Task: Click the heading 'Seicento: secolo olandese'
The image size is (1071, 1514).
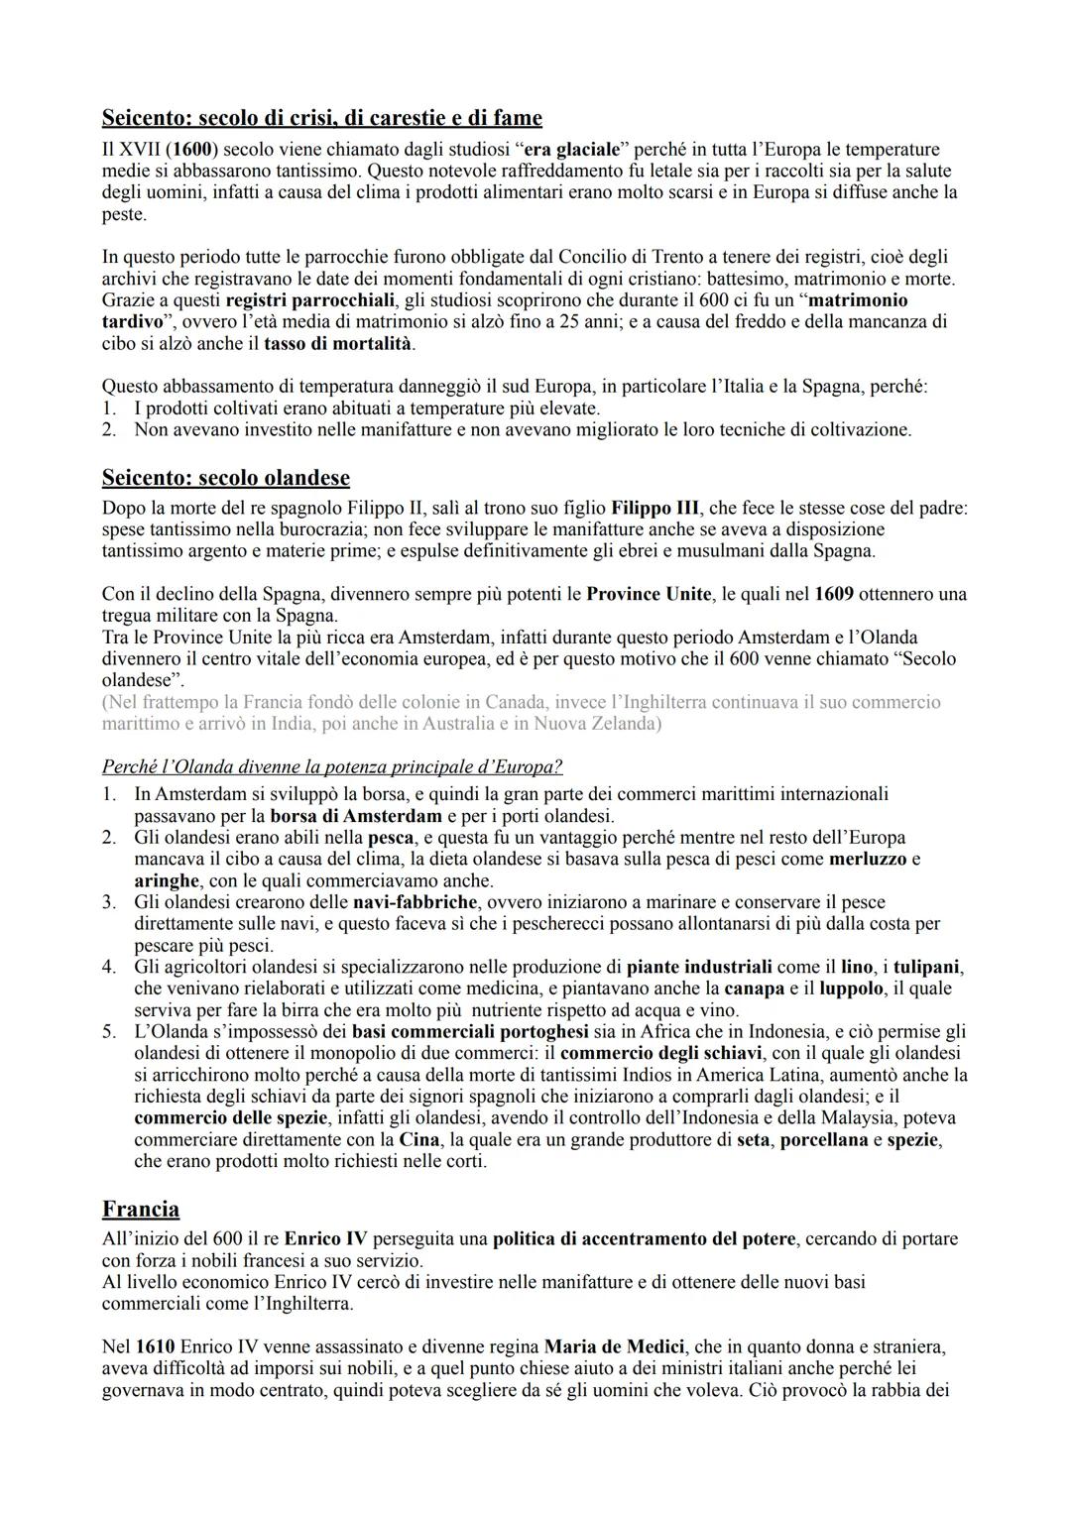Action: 225,478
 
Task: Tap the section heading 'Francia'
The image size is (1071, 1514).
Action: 141,1209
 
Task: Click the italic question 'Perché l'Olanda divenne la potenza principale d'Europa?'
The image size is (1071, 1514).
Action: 332,767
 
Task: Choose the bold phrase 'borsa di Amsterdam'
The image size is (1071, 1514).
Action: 355,816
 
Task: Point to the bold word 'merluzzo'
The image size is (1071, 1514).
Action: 868,859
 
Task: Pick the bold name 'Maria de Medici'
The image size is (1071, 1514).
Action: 614,1346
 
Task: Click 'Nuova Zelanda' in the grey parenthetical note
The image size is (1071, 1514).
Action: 593,723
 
